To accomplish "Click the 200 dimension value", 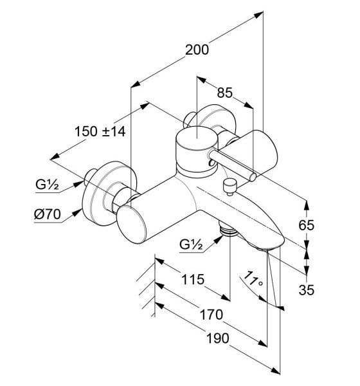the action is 197,50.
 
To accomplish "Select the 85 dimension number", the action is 224,93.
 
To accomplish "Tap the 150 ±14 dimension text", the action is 100,131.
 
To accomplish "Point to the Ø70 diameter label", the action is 47,214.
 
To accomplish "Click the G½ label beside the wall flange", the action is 47,184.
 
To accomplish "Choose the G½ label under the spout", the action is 191,244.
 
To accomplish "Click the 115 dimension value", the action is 193,279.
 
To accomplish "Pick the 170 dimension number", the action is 212,315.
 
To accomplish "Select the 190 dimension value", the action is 217,338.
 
